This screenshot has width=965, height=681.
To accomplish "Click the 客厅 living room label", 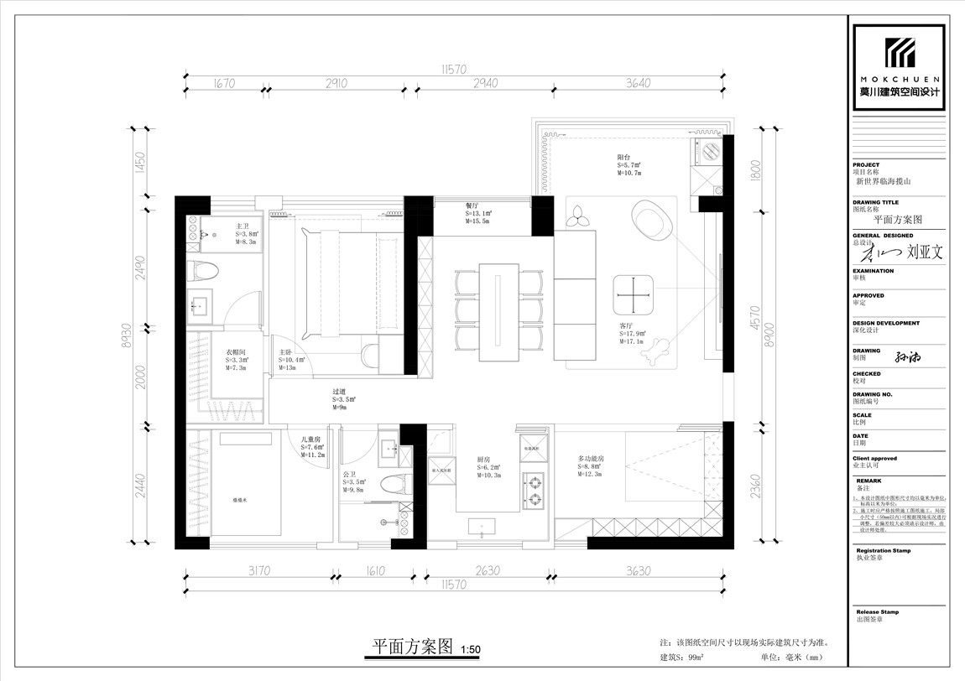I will (625, 325).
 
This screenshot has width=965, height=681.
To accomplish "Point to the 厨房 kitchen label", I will (482, 460).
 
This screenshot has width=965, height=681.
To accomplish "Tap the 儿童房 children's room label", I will (311, 439).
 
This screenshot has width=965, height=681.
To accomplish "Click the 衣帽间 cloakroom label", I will (235, 352).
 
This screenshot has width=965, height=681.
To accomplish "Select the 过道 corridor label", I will (339, 391).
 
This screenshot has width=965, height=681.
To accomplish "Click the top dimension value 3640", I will (639, 83).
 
